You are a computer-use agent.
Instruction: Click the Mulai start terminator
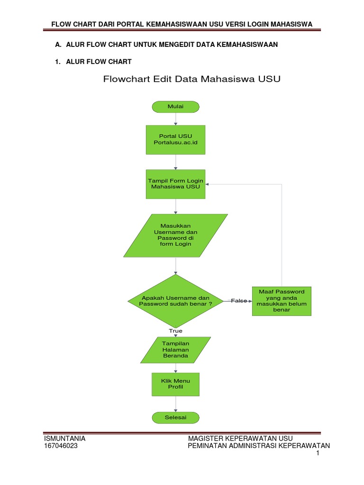coord(175,107)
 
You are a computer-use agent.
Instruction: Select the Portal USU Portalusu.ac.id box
coord(175,140)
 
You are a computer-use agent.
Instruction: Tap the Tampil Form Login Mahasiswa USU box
coord(175,184)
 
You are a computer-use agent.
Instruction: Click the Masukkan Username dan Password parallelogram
coord(175,235)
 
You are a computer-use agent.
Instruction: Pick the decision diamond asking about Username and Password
coord(175,301)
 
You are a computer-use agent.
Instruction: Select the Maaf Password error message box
coord(282,301)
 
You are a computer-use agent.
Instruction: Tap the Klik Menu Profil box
coord(175,384)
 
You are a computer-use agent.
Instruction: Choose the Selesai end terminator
coord(175,418)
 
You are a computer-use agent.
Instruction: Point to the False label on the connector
coord(238,301)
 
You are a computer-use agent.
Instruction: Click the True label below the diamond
coord(175,331)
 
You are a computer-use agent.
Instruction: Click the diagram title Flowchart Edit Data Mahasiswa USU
coord(192,79)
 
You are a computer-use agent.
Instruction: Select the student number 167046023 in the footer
coord(61,446)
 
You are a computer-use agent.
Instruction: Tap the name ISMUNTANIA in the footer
coord(64,438)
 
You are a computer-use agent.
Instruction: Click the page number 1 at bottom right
coord(318,454)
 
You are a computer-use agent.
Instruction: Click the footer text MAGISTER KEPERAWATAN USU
coord(241,438)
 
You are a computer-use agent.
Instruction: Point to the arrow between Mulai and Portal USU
coord(175,119)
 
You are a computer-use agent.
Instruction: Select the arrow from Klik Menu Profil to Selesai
coord(175,404)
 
